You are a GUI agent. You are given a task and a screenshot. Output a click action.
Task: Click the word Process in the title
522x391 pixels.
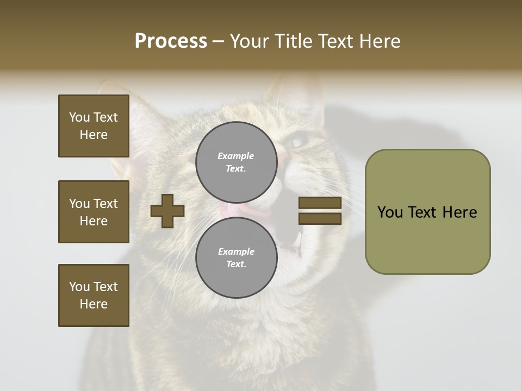[171, 41]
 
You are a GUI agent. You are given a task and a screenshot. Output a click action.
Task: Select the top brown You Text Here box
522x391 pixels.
[94, 126]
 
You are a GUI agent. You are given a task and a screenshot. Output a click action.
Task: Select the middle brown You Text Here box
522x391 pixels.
[94, 212]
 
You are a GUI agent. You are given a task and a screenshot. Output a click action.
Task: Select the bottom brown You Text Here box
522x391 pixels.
[94, 295]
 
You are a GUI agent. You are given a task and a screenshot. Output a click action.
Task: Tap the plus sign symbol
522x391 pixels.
[167, 211]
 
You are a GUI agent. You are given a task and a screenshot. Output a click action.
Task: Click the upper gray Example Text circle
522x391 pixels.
[236, 162]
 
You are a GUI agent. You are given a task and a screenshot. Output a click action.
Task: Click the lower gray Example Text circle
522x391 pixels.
[236, 257]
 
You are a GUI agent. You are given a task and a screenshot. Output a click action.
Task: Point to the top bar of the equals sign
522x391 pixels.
[320, 203]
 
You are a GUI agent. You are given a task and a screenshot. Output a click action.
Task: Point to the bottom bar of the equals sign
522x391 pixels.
[320, 218]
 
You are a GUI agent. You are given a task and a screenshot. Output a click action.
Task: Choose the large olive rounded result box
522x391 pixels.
[427, 212]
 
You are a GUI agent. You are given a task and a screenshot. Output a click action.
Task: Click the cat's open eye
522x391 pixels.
[298, 142]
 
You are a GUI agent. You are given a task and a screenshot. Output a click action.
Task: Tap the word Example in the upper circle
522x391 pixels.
[236, 156]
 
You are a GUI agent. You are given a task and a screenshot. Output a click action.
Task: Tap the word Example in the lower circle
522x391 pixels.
[236, 251]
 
